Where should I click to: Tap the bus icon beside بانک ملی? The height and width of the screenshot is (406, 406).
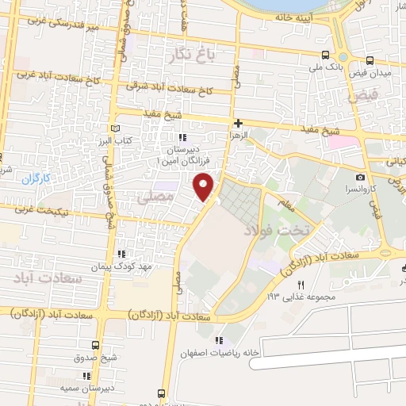point(326,56)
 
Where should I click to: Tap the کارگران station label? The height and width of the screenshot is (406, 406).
point(35,178)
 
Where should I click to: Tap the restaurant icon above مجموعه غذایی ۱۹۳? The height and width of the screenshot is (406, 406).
point(301,285)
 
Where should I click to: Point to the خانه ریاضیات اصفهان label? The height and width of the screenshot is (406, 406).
point(220,353)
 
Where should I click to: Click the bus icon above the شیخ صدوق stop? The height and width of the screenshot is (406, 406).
point(96,345)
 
